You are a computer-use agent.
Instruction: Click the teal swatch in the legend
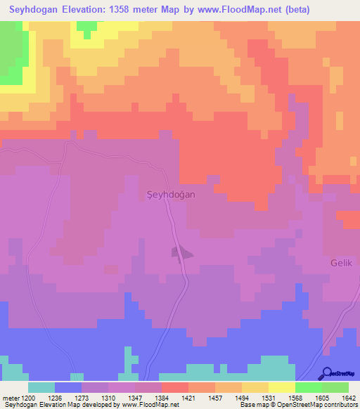41,387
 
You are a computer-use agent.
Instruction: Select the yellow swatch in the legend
281,387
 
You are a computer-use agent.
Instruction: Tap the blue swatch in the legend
68,387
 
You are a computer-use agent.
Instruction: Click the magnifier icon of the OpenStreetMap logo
326,373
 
